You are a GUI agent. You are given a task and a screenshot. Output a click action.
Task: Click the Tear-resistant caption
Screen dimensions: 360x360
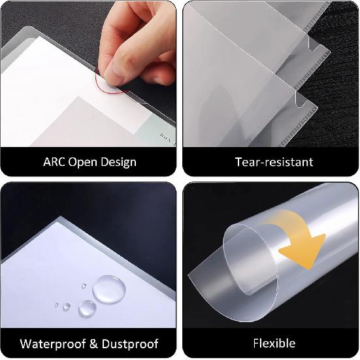pos(274,161)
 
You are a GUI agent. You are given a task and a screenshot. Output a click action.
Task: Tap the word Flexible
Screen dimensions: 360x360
pos(274,343)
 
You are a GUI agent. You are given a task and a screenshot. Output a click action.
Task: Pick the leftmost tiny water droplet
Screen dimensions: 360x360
pos(57,306)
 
